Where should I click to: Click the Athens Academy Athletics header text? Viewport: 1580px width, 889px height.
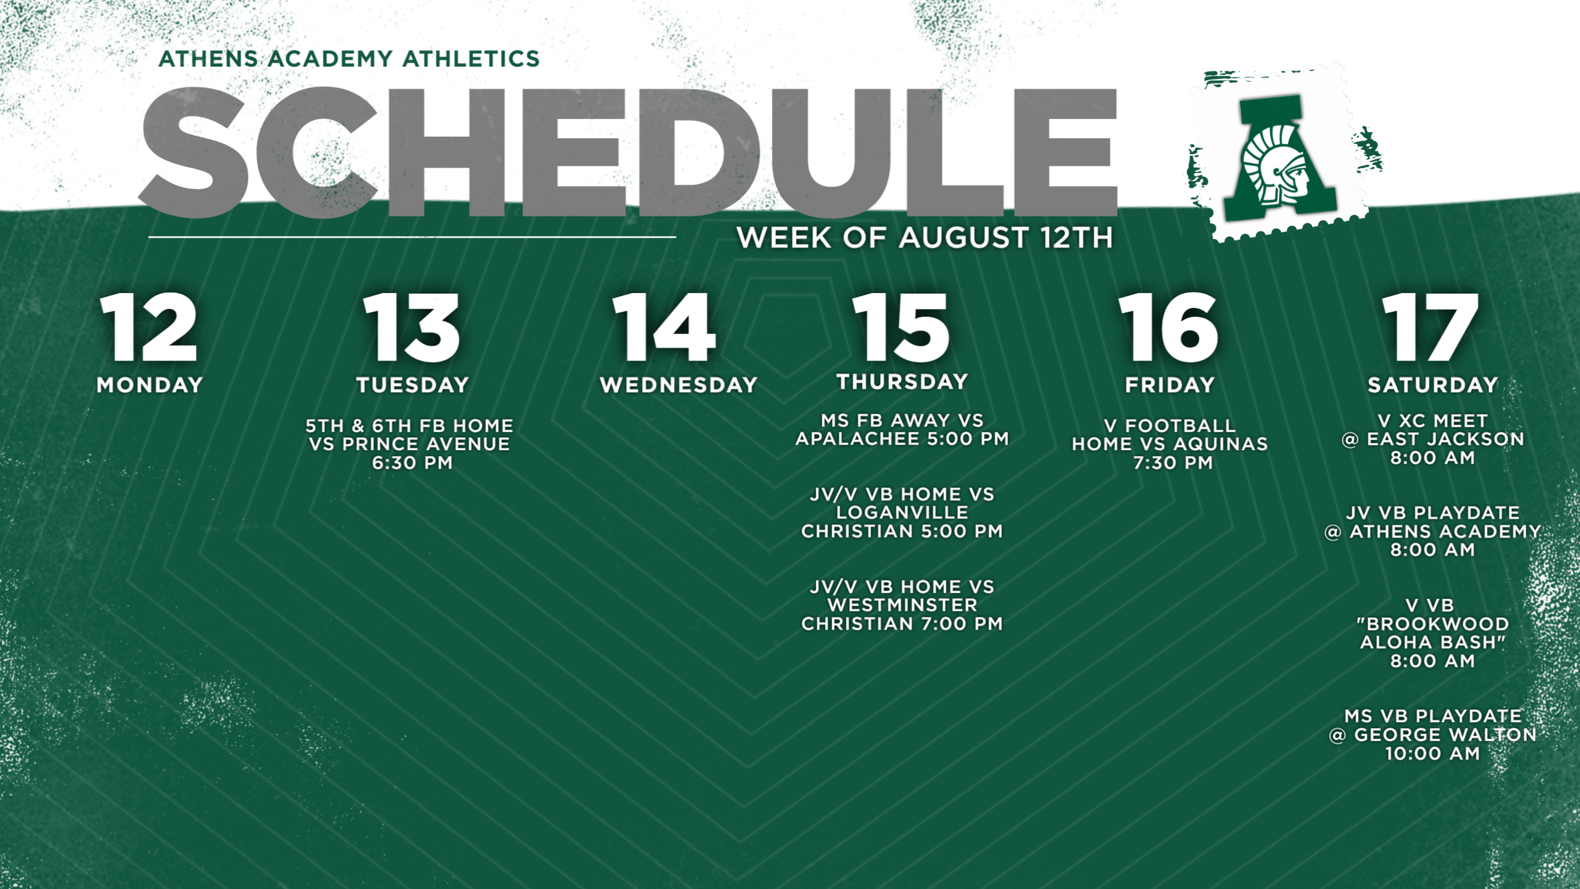[349, 59]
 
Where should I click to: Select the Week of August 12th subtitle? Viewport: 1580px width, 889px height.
[925, 238]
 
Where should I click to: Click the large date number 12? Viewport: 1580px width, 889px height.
[149, 327]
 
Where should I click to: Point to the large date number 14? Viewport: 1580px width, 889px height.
[664, 327]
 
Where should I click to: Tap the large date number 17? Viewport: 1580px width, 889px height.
[1431, 327]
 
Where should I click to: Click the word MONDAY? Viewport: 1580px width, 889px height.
[150, 385]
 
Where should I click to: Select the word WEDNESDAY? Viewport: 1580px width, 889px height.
[679, 385]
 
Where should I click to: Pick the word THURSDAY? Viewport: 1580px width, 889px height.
[902, 381]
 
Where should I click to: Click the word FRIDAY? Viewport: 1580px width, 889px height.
[1170, 385]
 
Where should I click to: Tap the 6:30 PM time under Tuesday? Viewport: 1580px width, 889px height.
[412, 463]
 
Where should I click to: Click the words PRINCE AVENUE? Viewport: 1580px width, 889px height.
[426, 444]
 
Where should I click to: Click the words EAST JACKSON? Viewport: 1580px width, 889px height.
[1446, 439]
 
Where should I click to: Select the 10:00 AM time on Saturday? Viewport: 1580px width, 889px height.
[1433, 753]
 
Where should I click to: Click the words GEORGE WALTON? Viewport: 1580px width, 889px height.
[1445, 735]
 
